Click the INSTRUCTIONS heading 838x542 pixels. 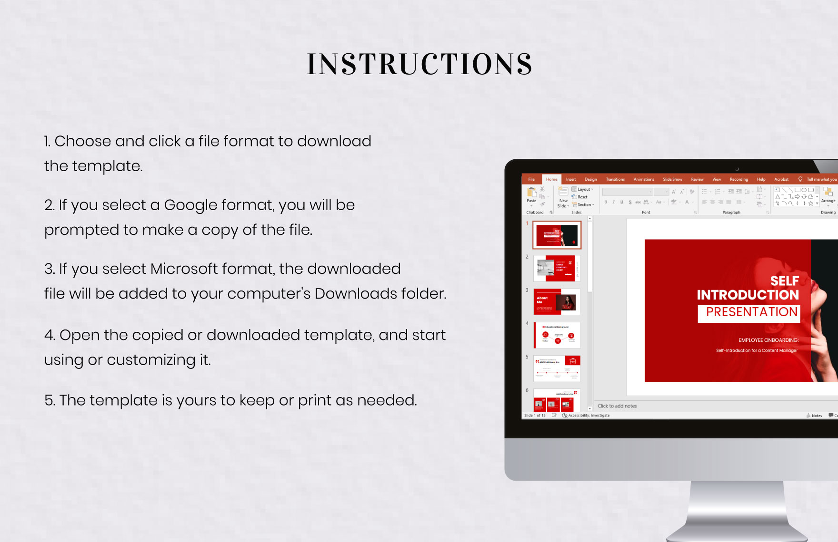click(x=419, y=64)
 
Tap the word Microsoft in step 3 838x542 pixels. click(x=184, y=269)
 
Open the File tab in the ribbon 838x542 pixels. click(x=531, y=179)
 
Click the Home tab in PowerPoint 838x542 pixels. click(x=551, y=179)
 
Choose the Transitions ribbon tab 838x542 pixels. click(x=615, y=179)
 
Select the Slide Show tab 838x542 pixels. click(x=672, y=179)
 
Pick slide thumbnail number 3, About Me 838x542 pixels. click(x=557, y=302)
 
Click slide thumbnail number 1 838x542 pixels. click(x=557, y=235)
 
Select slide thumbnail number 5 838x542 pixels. click(x=557, y=368)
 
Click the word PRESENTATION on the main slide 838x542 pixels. click(x=751, y=312)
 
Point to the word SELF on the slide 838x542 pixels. click(x=784, y=281)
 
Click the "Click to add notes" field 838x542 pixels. click(x=617, y=406)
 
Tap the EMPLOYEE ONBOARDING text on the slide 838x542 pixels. click(x=768, y=340)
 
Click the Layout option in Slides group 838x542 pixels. click(x=583, y=189)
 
